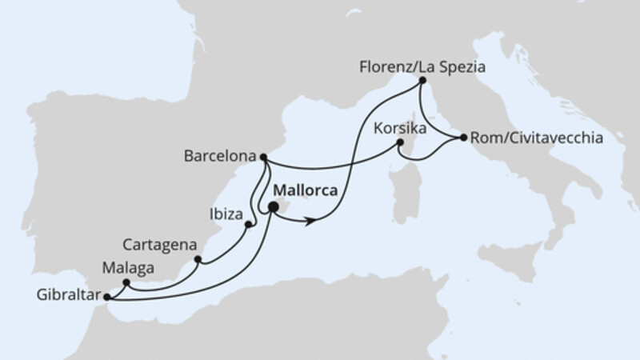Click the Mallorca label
(x=304, y=191)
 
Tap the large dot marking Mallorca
(x=273, y=207)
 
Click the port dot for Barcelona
(x=264, y=158)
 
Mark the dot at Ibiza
(x=248, y=224)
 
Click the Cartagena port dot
(x=198, y=259)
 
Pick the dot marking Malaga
(x=126, y=282)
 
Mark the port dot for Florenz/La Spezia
(x=422, y=81)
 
